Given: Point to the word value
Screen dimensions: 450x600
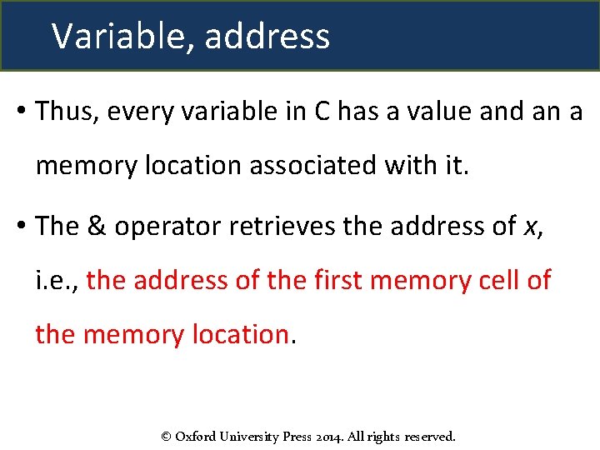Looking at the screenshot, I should click(431, 111).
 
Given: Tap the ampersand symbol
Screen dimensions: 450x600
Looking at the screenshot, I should click(96, 225).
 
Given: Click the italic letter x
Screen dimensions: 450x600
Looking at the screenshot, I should click(531, 227).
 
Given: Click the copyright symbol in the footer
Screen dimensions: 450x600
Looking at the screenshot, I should click(166, 436).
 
